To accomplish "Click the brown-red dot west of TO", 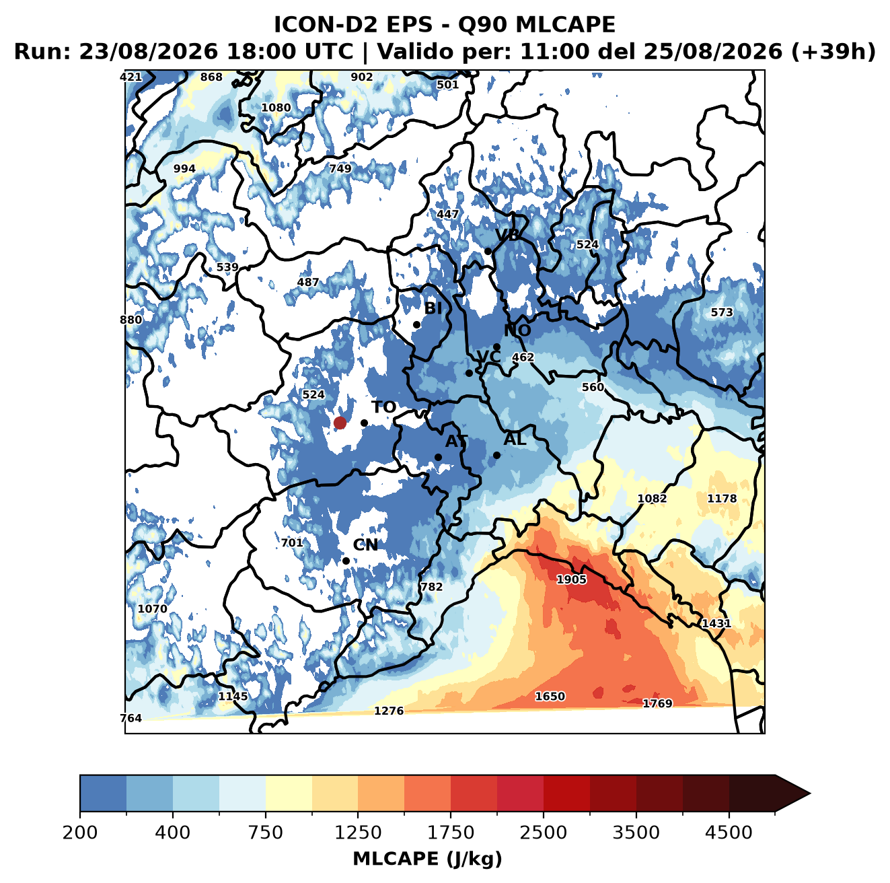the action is pos(340,423).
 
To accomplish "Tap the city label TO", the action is pos(384,407).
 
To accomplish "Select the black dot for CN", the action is pos(346,561).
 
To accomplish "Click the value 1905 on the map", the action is pos(571,579).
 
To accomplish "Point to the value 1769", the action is pos(658,703).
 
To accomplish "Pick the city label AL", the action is pos(515,439).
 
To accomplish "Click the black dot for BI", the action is pos(416,325).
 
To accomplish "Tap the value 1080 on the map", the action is pos(276,108).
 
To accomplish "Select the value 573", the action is pos(721,312).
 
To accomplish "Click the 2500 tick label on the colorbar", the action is pos(543,832).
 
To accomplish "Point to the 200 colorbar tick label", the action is pos(80,832).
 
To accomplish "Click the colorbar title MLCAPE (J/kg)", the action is pos(427,859).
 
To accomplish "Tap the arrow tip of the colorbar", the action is pos(810,793).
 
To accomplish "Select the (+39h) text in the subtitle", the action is pos(833,52).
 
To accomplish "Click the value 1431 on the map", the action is pos(716,623).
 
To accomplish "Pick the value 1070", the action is pos(153,608).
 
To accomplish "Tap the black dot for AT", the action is pos(438,458).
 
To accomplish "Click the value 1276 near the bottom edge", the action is pos(389,711).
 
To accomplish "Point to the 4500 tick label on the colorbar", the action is pos(729,832).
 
